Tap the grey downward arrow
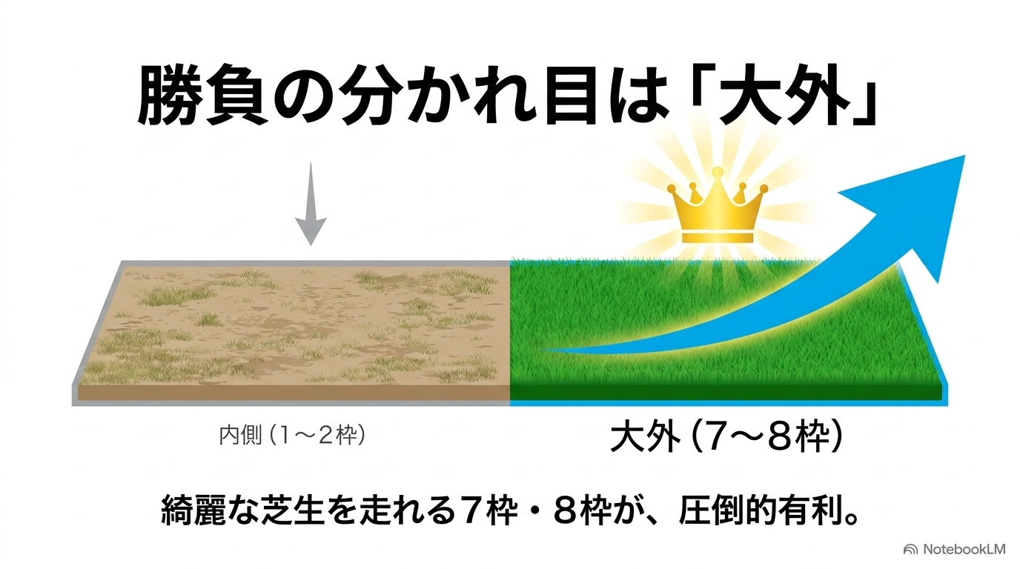[311, 204]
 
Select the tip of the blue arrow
[965, 156]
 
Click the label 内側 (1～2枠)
[292, 435]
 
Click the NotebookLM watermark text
[964, 550]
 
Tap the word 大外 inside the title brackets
[784, 96]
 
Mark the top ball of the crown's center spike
[718, 172]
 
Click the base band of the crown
[718, 237]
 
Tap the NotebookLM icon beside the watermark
[911, 550]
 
